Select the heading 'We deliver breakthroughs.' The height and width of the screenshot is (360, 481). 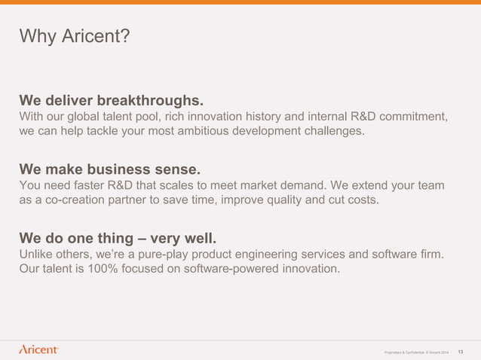112,100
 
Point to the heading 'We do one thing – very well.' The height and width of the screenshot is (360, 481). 122,239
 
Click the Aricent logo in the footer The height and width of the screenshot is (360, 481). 38,349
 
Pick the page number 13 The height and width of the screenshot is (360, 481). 461,350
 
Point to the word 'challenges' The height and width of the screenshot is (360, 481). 332,131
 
